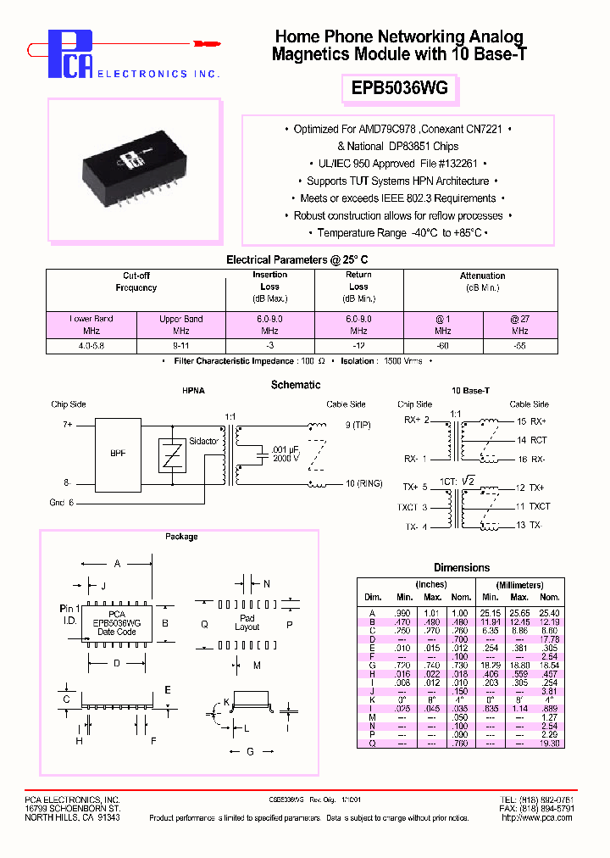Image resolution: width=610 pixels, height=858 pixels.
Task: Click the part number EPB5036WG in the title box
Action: [x=398, y=87]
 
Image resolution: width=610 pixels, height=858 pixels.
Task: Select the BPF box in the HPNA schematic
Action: [x=118, y=453]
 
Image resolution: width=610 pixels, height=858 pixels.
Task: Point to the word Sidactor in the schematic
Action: [x=203, y=442]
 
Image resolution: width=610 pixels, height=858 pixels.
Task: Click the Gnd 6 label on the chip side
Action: [x=62, y=503]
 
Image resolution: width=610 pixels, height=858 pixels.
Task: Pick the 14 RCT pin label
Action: [x=532, y=440]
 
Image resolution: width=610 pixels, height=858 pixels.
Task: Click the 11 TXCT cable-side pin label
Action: [x=534, y=506]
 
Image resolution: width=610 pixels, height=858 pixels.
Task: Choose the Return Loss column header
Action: [x=358, y=287]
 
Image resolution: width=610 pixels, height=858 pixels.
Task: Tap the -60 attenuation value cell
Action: [x=442, y=346]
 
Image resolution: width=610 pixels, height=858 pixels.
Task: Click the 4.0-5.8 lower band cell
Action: [x=91, y=346]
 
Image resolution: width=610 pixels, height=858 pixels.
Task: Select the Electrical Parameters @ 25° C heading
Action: [x=297, y=259]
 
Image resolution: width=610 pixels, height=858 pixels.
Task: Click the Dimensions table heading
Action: [x=462, y=567]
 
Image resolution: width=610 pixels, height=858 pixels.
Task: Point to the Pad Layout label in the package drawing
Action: [x=247, y=623]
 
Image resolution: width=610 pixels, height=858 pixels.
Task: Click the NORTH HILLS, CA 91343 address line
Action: [x=72, y=818]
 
